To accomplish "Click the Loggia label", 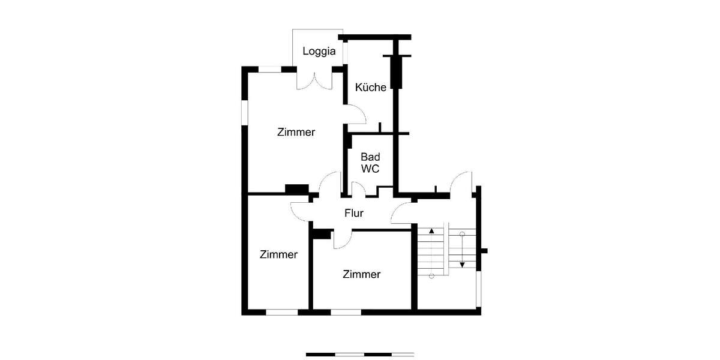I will click(x=319, y=51).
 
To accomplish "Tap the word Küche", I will click(x=370, y=87).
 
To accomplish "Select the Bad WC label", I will click(x=370, y=163).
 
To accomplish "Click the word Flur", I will click(x=354, y=212).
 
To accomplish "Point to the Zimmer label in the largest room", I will click(x=296, y=132).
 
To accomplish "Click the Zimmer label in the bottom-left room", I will click(x=278, y=254).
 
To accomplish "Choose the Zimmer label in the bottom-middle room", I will click(x=361, y=274).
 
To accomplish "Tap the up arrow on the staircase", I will click(x=431, y=230).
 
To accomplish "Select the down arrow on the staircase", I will click(x=462, y=264).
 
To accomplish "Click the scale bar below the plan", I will click(x=360, y=355).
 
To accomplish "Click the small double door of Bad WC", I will click(x=358, y=190).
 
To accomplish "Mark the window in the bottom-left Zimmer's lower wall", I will click(x=282, y=312).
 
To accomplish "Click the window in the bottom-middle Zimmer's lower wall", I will click(x=346, y=312).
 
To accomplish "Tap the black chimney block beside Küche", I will click(x=395, y=72).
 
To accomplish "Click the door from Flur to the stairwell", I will click(x=401, y=214).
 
